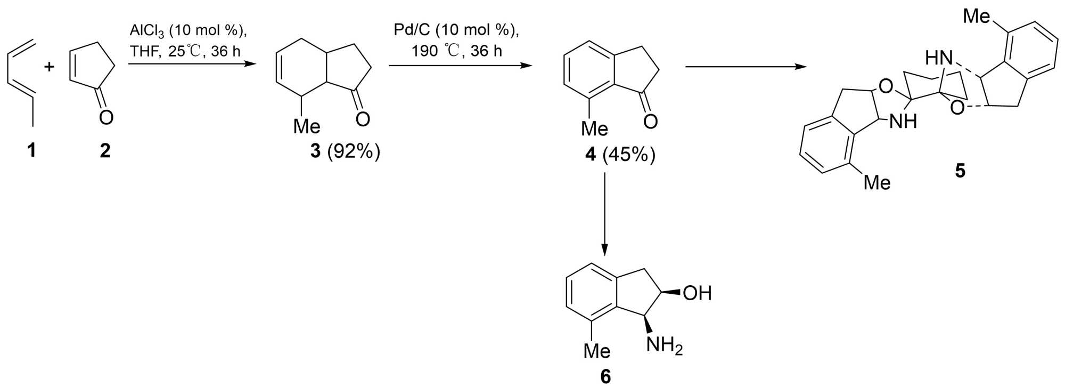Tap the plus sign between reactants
pyautogui.click(x=49, y=67)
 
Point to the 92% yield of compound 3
pyautogui.click(x=354, y=151)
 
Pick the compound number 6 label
pyautogui.click(x=606, y=376)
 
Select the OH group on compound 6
pyautogui.click(x=697, y=293)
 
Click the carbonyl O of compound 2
pyautogui.click(x=106, y=117)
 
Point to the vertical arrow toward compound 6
pyautogui.click(x=605, y=213)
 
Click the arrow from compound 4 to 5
pyautogui.click(x=745, y=67)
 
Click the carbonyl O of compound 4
pyautogui.click(x=650, y=122)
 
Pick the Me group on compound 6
pyautogui.click(x=596, y=350)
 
